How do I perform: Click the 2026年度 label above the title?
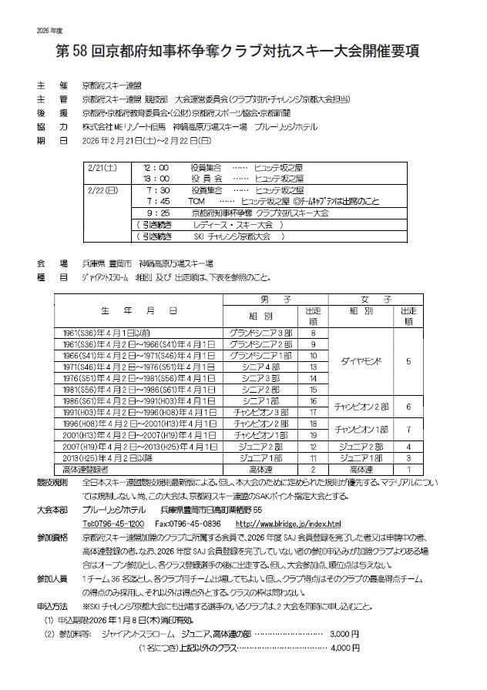48,30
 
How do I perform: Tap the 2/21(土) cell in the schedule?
102,166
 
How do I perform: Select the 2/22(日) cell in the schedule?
102,189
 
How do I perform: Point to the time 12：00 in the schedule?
156,166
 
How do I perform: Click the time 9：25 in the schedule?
156,212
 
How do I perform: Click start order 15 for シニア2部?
313,390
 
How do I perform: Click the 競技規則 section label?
52,481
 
